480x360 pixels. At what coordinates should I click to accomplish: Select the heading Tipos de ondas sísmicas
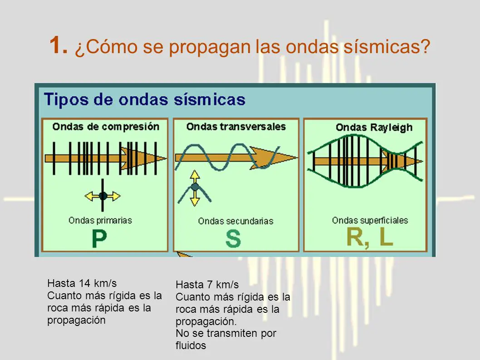[x=144, y=99]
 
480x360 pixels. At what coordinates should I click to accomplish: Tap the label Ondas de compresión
[x=105, y=126]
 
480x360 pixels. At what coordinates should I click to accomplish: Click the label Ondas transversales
[x=236, y=127]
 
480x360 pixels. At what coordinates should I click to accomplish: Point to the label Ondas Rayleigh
[x=374, y=128]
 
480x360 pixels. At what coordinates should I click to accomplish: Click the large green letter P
[x=99, y=239]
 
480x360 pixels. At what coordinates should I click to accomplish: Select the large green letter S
[x=233, y=239]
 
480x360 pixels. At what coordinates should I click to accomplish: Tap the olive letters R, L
[x=369, y=237]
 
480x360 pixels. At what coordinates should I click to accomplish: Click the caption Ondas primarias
[x=100, y=220]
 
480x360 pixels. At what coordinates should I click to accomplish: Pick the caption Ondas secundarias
[x=235, y=221]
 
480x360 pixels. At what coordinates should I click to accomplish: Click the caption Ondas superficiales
[x=370, y=220]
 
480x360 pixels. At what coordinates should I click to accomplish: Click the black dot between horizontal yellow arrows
[x=103, y=196]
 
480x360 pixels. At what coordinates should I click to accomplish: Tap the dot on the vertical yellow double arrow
[x=195, y=187]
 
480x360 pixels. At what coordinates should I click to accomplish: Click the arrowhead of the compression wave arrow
[x=159, y=158]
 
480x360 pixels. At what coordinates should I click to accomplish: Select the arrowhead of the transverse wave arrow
[x=286, y=157]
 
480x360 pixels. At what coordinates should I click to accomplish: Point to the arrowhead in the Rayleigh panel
[x=413, y=161]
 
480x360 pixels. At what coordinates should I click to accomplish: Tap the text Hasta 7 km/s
[x=206, y=285]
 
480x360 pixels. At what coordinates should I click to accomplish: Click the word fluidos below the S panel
[x=191, y=345]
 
